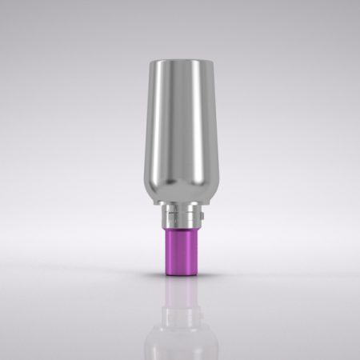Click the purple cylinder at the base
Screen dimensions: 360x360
pyautogui.click(x=180, y=252)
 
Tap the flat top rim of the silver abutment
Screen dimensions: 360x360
pyautogui.click(x=180, y=62)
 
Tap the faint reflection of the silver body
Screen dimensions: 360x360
pyautogui.click(x=180, y=336)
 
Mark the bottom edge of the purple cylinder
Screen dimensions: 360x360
pyautogui.click(x=180, y=274)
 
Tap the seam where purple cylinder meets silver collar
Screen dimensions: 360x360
pyautogui.click(x=180, y=230)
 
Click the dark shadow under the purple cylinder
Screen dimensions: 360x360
pyautogui.click(x=180, y=278)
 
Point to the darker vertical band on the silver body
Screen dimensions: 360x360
pyautogui.click(x=194, y=128)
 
